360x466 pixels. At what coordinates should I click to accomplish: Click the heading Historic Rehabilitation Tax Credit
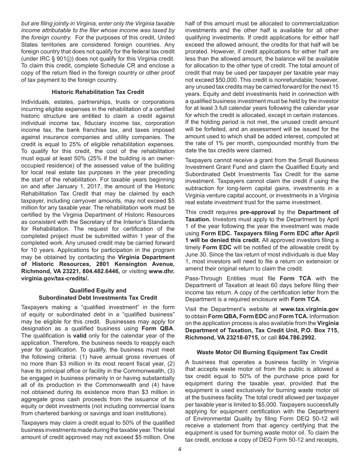pos(98,92)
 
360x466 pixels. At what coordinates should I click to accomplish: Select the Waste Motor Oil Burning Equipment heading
pos(262,352)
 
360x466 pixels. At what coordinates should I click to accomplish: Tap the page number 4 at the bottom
pos(180,449)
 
